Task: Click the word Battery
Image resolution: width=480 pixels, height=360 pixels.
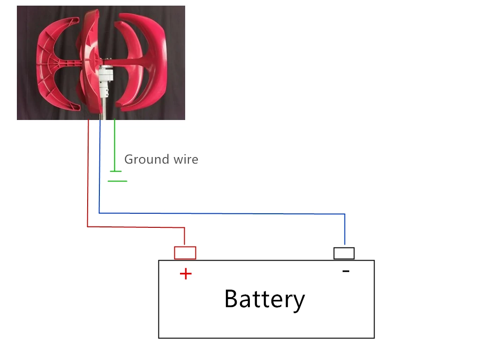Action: pyautogui.click(x=264, y=299)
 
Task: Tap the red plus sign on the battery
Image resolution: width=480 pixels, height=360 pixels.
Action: pyautogui.click(x=186, y=274)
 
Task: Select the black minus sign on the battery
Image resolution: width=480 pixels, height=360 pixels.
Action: pyautogui.click(x=346, y=271)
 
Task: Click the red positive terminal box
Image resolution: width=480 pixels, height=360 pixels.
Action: pyautogui.click(x=185, y=253)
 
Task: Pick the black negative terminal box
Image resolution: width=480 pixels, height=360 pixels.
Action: pyautogui.click(x=344, y=253)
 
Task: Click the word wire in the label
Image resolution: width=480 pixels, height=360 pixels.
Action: pyautogui.click(x=186, y=160)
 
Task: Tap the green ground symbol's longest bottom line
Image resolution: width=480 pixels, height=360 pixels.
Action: pyautogui.click(x=117, y=181)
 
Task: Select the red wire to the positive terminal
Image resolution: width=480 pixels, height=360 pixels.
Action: pyautogui.click(x=88, y=187)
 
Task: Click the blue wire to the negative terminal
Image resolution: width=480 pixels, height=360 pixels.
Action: pyautogui.click(x=220, y=213)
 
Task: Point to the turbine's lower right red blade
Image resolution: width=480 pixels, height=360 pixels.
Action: pyautogui.click(x=145, y=94)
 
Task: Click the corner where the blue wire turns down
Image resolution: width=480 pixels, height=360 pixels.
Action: pyautogui.click(x=345, y=214)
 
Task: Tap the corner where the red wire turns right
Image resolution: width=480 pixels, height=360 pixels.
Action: pyautogui.click(x=88, y=227)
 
